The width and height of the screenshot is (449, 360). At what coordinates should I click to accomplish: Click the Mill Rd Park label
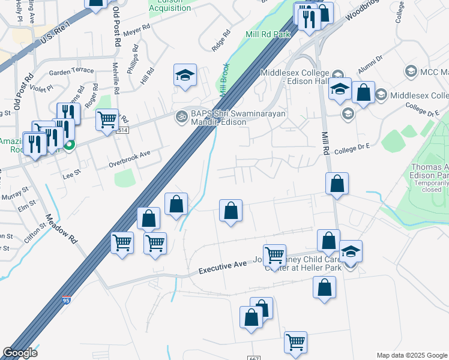[268, 34]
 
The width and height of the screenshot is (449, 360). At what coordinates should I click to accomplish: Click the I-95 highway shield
[65, 299]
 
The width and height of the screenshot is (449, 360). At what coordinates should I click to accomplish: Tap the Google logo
[20, 353]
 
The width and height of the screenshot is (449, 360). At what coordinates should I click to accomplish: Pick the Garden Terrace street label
[71, 71]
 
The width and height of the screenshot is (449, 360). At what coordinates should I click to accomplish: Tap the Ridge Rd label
[221, 41]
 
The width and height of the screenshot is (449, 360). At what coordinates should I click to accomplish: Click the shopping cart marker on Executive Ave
[274, 256]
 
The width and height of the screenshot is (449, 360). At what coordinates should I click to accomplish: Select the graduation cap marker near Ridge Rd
[185, 76]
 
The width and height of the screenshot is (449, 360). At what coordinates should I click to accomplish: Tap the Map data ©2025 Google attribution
[412, 355]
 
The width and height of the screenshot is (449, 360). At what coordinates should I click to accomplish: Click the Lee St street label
[71, 176]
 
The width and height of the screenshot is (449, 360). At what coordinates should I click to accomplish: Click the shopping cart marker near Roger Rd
[107, 119]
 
